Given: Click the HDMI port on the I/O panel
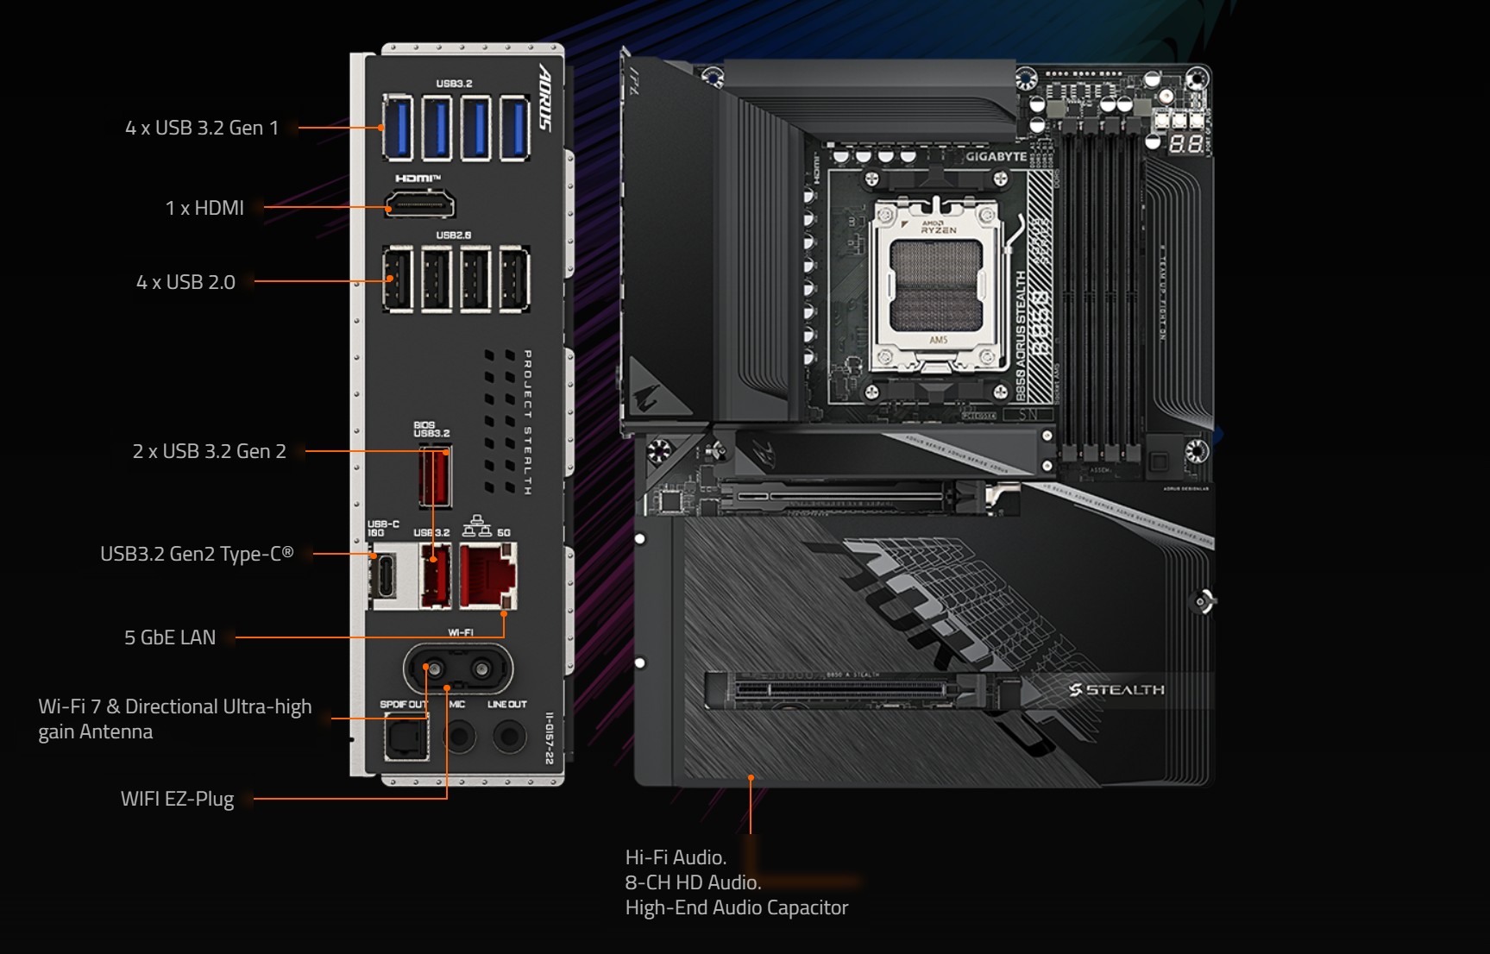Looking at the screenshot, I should [x=419, y=205].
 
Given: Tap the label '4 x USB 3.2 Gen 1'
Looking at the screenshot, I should [x=202, y=128].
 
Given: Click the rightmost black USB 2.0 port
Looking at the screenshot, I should [x=514, y=279].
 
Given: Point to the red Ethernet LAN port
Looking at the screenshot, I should [x=487, y=575].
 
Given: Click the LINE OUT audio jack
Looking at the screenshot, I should [x=509, y=737].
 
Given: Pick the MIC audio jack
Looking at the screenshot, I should [x=459, y=737].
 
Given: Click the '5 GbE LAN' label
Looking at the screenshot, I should [x=170, y=637].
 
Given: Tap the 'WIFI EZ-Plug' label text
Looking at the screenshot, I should [x=177, y=799].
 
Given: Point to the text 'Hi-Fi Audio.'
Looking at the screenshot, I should [x=676, y=857].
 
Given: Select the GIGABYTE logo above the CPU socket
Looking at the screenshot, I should [x=996, y=157].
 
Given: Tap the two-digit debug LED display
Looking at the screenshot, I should [x=1185, y=144].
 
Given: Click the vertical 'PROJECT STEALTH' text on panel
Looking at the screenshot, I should [x=527, y=422].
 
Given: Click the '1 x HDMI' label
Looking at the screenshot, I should [x=204, y=208].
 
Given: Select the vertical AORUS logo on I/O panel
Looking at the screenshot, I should [x=544, y=97].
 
